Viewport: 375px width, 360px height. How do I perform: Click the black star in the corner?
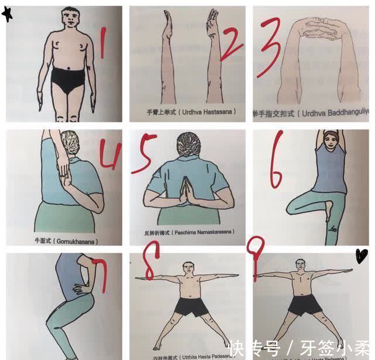pos(7,14)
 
